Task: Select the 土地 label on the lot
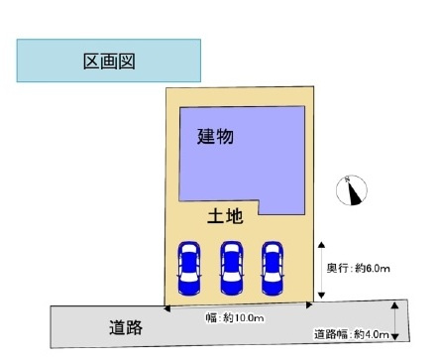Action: tap(225, 215)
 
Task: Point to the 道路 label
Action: tap(128, 324)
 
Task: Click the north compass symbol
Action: tap(353, 190)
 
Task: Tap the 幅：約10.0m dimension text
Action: tap(236, 318)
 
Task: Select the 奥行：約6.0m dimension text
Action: tap(359, 268)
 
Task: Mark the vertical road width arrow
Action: tap(396, 321)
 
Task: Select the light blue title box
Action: tap(90, 61)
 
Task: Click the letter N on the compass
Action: tap(349, 180)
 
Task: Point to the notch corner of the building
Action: tap(260, 201)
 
